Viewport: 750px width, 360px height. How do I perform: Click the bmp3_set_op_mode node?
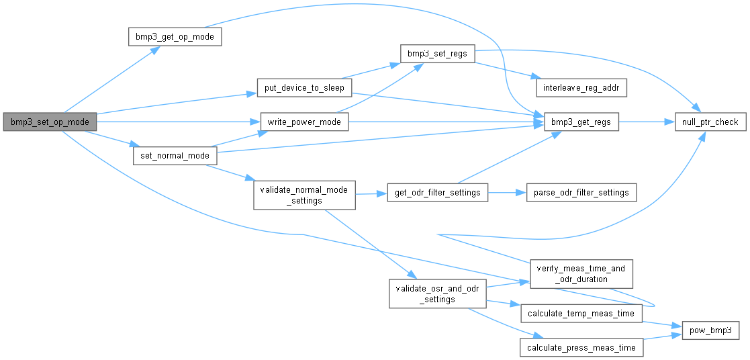[50, 122]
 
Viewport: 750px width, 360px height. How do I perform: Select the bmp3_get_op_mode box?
[175, 36]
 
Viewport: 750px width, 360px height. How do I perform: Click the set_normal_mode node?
[175, 156]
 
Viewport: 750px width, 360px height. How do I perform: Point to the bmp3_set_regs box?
[438, 53]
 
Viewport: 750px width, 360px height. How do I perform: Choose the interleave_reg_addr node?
[581, 88]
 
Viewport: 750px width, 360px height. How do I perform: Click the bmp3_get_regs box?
[581, 122]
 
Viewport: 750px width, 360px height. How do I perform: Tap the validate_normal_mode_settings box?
[304, 195]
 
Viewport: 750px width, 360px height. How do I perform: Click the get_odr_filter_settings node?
[438, 193]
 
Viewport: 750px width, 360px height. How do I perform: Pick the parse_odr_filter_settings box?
[581, 193]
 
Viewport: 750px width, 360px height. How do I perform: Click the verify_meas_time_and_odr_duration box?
[581, 273]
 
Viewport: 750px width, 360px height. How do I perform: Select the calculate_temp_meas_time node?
[581, 314]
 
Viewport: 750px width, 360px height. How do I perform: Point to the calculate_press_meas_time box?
[581, 347]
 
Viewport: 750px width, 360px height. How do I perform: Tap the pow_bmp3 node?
[711, 330]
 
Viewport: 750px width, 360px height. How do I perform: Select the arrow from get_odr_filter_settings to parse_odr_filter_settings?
[507, 193]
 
